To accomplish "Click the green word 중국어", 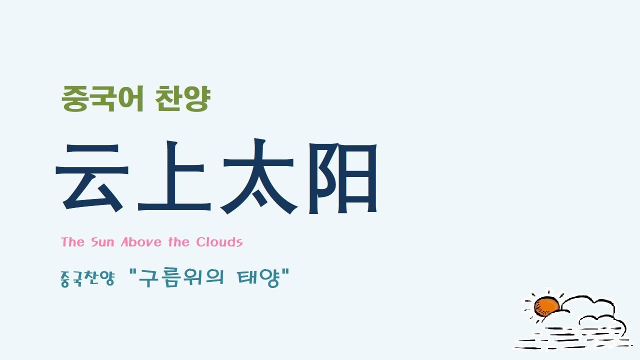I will (103, 99).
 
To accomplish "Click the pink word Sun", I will (102, 242).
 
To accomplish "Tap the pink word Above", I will (142, 242).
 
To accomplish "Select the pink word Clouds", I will (219, 242).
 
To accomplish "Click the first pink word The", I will (72, 242).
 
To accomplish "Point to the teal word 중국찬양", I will (87, 277).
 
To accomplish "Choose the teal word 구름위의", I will (182, 277).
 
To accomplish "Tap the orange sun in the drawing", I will (546, 305).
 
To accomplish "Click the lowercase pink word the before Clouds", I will (178, 242).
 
